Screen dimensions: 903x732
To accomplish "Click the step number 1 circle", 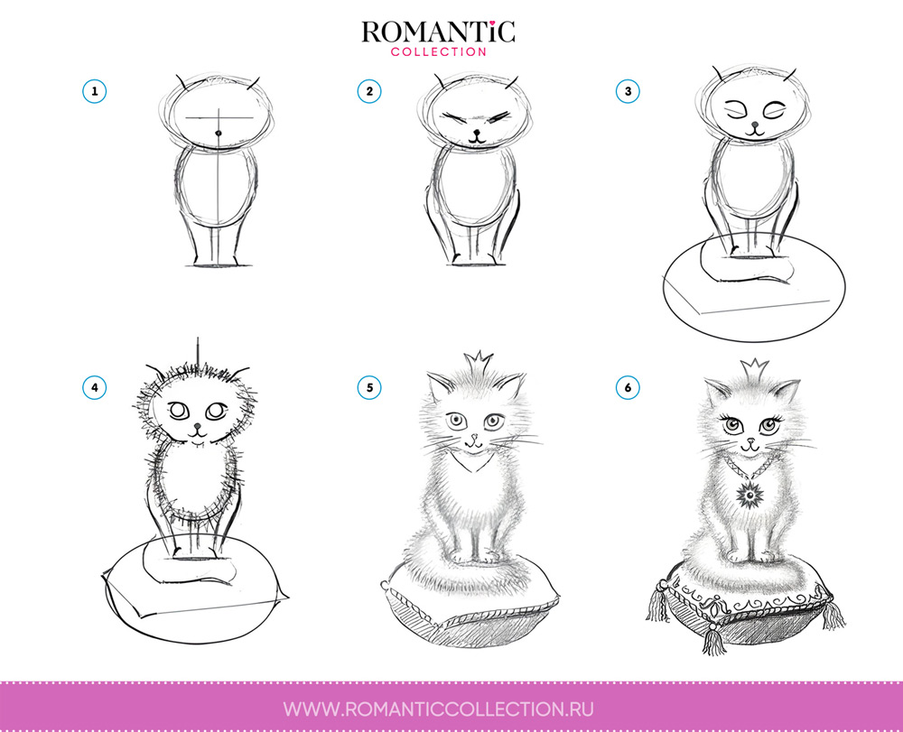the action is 95,91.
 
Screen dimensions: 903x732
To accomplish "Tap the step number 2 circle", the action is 369,91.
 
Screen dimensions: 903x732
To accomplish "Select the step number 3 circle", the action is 628,91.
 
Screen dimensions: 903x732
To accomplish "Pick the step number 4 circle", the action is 95,387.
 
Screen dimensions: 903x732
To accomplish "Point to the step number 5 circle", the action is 369,387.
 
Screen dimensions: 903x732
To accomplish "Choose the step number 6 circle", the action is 628,387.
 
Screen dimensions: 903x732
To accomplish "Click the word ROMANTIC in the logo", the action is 438,32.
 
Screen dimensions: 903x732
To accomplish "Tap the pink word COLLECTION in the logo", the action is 439,51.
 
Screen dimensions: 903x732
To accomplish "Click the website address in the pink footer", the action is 438,709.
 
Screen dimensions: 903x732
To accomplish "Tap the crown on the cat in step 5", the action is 478,364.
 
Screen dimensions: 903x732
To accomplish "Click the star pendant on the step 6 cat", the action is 750,496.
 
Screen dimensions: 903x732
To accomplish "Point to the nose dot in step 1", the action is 219,134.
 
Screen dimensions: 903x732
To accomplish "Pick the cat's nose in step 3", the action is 755,124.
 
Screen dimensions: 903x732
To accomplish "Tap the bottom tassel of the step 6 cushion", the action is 714,640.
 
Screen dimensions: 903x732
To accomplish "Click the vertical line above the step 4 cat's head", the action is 198,350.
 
